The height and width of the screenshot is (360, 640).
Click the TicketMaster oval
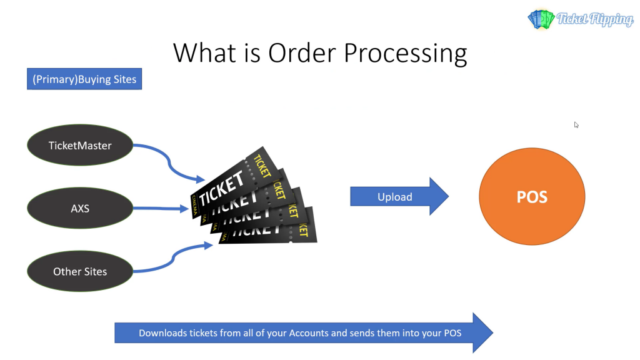pyautogui.click(x=80, y=146)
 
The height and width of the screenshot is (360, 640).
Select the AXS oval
pyautogui.click(x=80, y=208)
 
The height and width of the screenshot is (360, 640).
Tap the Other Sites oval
pyautogui.click(x=80, y=271)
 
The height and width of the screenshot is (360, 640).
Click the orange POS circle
pyautogui.click(x=532, y=197)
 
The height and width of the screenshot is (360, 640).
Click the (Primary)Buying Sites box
pyautogui.click(x=84, y=80)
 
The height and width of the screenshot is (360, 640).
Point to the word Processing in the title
pyautogui.click(x=406, y=54)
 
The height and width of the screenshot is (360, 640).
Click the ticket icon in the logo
pyautogui.click(x=541, y=19)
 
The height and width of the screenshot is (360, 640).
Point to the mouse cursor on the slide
pyautogui.click(x=576, y=124)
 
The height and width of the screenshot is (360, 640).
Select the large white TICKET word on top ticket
pyautogui.click(x=222, y=187)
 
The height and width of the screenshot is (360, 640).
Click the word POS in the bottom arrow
pyautogui.click(x=451, y=333)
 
